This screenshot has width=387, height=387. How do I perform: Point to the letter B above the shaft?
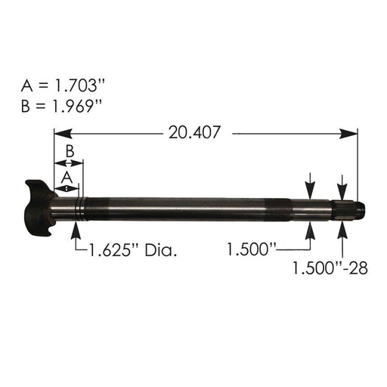(x=69, y=152)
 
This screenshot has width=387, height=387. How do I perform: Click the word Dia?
(x=165, y=249)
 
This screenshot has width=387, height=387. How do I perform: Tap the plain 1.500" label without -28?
(x=252, y=249)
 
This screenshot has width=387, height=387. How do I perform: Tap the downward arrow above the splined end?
(x=344, y=184)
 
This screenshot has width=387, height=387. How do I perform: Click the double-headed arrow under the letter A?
(x=67, y=187)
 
